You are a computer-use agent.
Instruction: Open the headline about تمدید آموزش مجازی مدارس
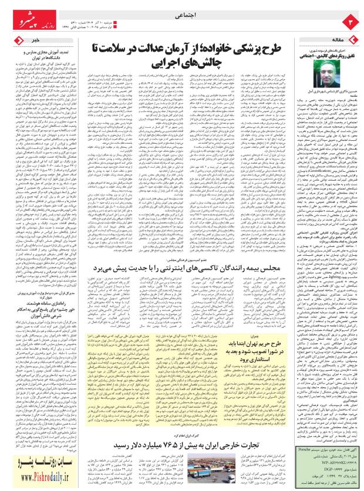[x=53, y=48]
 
